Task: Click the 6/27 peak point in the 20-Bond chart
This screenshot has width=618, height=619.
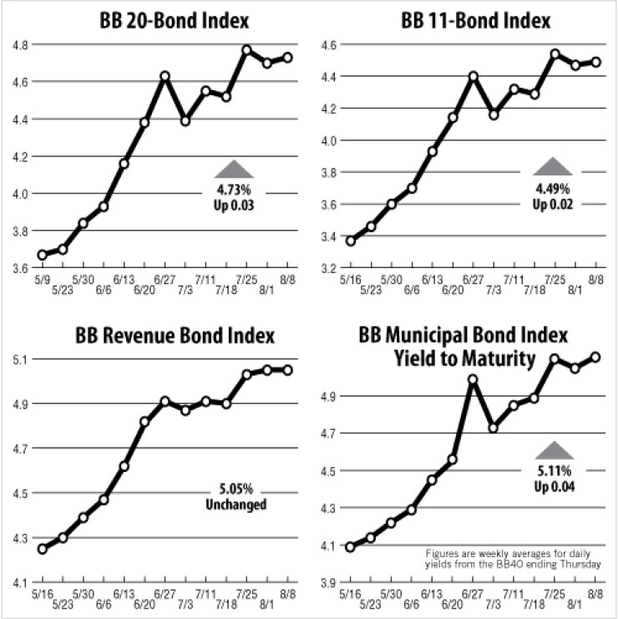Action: [x=165, y=76]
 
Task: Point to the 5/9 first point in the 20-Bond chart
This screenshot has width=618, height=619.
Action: [x=43, y=255]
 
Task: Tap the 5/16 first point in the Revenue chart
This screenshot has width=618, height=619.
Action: [x=43, y=549]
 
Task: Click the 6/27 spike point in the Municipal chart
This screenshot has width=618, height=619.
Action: [x=473, y=379]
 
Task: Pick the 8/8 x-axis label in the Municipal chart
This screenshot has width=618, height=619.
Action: [x=595, y=593]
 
